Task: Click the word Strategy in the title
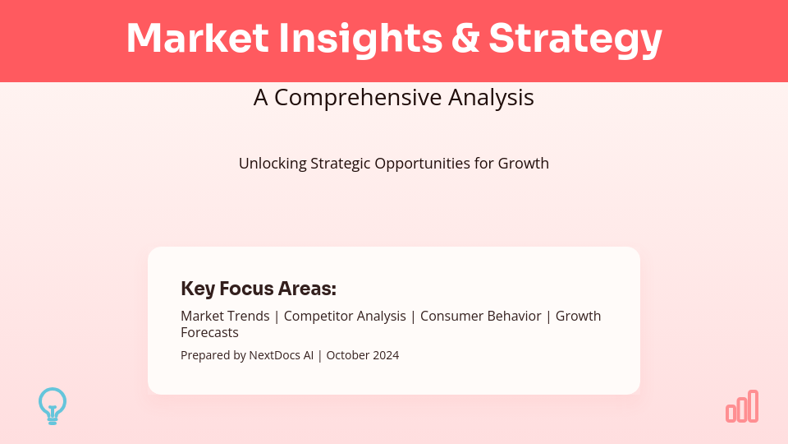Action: (575, 39)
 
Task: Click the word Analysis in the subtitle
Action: (492, 98)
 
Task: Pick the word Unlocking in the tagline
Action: (273, 164)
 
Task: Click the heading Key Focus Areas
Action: (259, 289)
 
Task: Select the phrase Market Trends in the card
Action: (225, 317)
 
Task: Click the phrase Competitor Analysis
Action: (345, 317)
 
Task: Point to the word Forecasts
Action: (209, 333)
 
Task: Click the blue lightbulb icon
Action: (53, 405)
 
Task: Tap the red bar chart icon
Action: (742, 406)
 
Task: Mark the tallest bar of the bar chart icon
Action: (753, 406)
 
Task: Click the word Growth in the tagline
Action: (524, 164)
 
